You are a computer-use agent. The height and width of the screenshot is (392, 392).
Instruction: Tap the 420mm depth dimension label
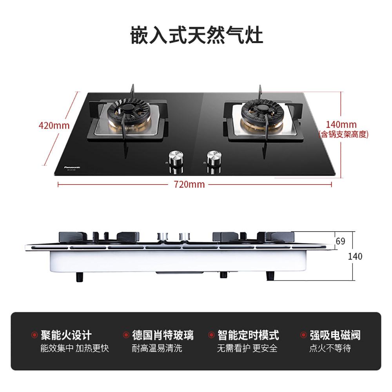[54, 126]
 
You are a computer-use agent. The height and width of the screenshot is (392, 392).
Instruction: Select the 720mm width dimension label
[189, 184]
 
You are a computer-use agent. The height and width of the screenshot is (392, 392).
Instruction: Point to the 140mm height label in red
[343, 125]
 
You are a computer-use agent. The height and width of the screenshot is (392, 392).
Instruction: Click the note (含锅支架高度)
[344, 134]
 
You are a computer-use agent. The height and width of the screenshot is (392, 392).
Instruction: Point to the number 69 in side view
[341, 241]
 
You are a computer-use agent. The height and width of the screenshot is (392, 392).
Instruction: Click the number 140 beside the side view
[355, 257]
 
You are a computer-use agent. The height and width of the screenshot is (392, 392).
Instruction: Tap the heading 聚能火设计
[66, 335]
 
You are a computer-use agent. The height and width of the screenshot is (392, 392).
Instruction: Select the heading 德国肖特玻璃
[163, 335]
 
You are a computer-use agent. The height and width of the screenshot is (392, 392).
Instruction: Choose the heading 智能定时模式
[249, 335]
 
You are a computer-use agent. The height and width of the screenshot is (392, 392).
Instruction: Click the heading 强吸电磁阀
[335, 335]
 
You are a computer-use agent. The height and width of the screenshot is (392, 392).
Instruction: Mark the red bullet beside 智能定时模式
[211, 335]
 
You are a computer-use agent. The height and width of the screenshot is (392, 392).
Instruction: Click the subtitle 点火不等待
[330, 348]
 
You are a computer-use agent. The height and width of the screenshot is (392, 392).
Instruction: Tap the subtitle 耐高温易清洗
[157, 348]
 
